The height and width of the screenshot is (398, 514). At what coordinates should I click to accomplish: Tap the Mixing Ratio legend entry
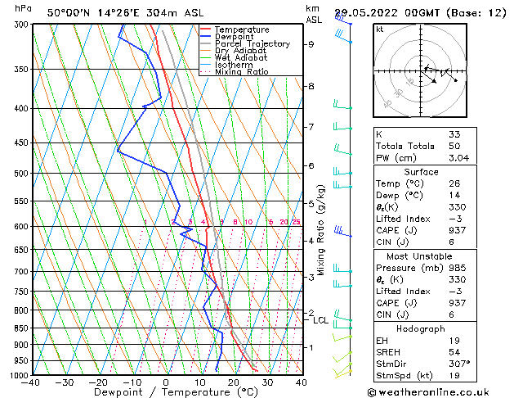pyautogui.click(x=242, y=72)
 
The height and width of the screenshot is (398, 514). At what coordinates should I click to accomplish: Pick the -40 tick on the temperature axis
pyautogui.click(x=31, y=382)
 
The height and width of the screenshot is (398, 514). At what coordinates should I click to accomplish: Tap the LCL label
pyautogui.click(x=320, y=320)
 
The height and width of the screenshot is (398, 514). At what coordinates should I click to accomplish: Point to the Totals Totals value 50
pyautogui.click(x=454, y=146)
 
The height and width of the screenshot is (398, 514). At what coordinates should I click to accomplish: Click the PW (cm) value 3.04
pyautogui.click(x=458, y=158)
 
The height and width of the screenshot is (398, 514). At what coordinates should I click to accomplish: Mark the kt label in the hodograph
pyautogui.click(x=379, y=29)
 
